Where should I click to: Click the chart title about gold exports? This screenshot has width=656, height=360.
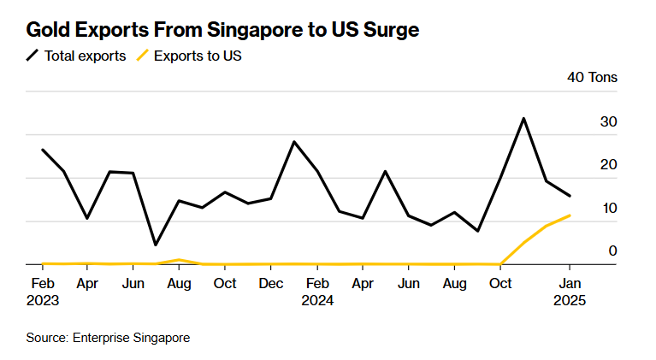(x=222, y=31)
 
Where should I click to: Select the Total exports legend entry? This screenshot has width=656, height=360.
(x=76, y=56)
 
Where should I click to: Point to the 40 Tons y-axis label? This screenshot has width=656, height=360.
(x=592, y=78)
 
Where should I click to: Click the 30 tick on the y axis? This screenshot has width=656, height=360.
(x=608, y=122)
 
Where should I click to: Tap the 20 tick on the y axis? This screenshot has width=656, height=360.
(x=608, y=165)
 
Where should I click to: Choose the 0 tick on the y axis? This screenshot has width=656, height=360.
(x=612, y=251)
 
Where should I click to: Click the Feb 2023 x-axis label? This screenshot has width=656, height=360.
(x=43, y=292)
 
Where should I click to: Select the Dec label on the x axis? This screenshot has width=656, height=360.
(x=271, y=283)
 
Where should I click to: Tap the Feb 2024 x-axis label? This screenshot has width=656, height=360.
(x=317, y=292)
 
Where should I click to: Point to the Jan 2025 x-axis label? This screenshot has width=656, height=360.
(x=570, y=292)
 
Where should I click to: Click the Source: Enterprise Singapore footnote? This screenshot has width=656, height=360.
(x=108, y=338)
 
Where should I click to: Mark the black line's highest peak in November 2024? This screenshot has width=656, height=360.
(x=523, y=118)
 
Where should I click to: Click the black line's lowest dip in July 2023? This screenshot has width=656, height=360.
(x=156, y=245)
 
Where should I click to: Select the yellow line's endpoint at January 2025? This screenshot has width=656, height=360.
(x=570, y=215)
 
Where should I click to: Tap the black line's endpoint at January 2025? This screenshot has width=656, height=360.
(x=570, y=196)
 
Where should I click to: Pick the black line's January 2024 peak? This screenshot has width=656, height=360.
(x=294, y=141)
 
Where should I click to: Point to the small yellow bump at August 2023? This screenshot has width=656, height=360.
(x=178, y=259)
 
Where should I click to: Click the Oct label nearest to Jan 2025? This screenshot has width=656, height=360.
(x=500, y=283)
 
